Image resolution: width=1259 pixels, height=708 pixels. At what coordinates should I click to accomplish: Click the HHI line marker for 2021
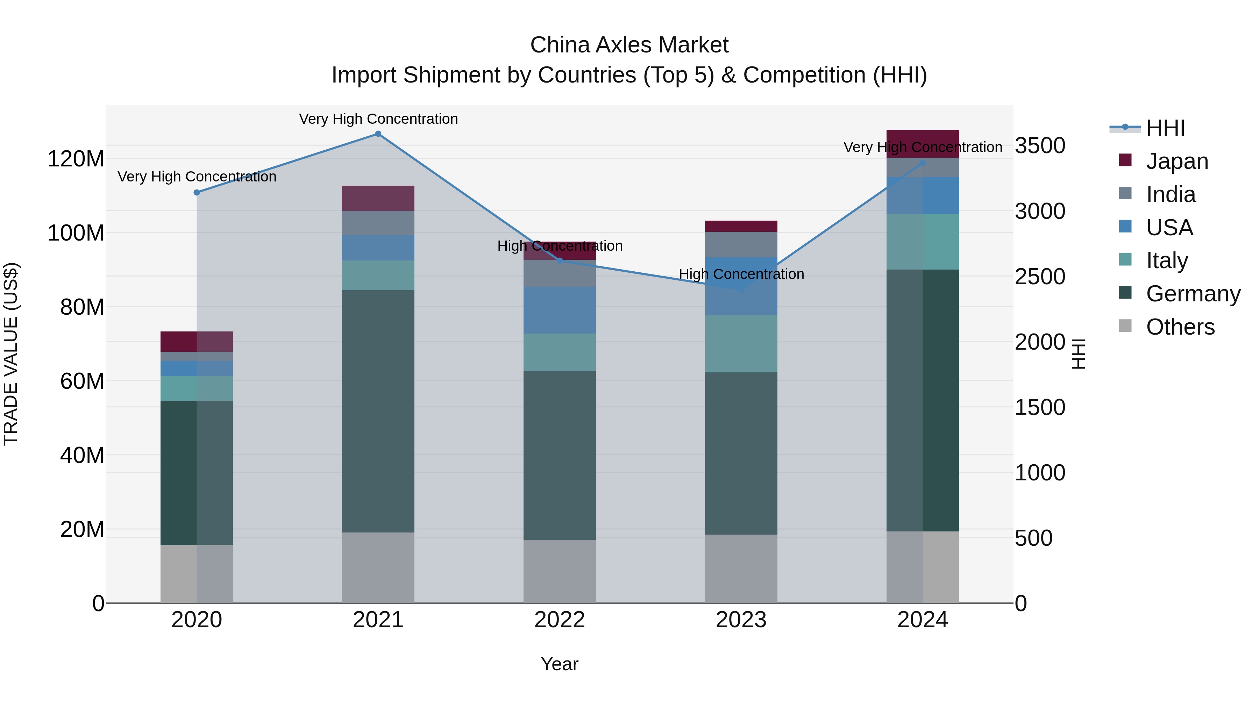[378, 134]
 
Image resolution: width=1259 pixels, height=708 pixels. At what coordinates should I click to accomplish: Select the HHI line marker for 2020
[197, 193]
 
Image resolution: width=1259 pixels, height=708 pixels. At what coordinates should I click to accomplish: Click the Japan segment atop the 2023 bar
[741, 226]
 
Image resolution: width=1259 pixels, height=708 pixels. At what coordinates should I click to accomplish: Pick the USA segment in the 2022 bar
[560, 310]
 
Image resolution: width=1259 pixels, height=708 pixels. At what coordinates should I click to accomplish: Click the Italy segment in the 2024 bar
[922, 241]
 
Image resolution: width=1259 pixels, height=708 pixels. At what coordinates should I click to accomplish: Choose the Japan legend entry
[1177, 161]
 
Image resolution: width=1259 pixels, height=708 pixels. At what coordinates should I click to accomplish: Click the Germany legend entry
[1193, 294]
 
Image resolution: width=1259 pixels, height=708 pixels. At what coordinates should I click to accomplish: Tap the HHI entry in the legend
[1165, 128]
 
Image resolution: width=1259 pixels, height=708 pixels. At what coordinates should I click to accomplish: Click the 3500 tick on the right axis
[1040, 145]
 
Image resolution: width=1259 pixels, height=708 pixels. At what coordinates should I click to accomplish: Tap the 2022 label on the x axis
[560, 620]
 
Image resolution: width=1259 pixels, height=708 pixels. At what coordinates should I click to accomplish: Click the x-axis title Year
[560, 664]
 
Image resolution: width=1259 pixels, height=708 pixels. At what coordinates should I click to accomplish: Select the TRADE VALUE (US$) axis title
[11, 354]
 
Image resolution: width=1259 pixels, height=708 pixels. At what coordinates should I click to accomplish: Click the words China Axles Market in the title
[629, 45]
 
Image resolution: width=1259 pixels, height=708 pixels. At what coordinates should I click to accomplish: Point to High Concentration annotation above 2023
[741, 274]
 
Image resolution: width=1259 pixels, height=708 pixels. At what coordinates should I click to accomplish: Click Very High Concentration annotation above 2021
[378, 119]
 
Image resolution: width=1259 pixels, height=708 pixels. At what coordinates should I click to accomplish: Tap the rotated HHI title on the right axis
[1078, 354]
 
